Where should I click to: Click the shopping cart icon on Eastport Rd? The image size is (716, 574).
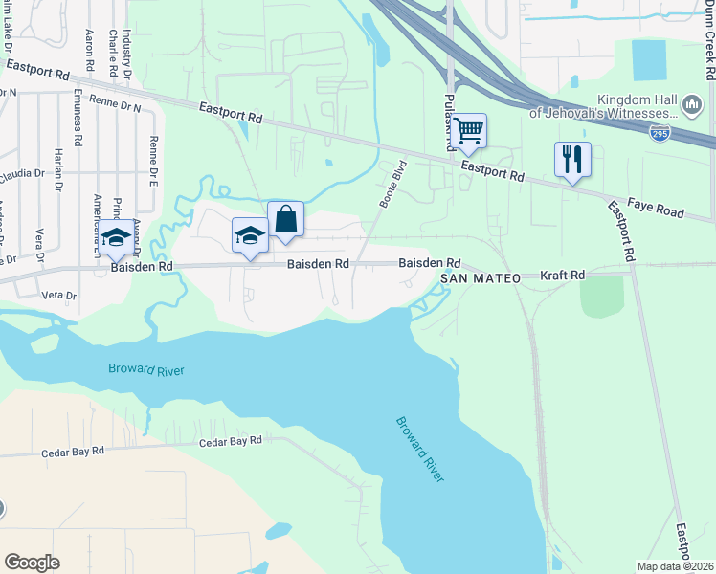468,131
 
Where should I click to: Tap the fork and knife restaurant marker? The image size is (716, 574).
572,159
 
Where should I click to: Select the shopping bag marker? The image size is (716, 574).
285,220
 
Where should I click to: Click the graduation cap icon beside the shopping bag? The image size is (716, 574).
250,236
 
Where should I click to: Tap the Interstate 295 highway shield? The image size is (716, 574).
660,134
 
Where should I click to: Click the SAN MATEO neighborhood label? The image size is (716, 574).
481,278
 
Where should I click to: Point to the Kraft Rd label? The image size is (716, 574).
562,276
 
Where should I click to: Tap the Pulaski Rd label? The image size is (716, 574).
449,121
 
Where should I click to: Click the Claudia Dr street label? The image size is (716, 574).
21,173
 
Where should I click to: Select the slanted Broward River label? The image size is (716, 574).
422,449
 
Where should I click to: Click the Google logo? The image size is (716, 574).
32,563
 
